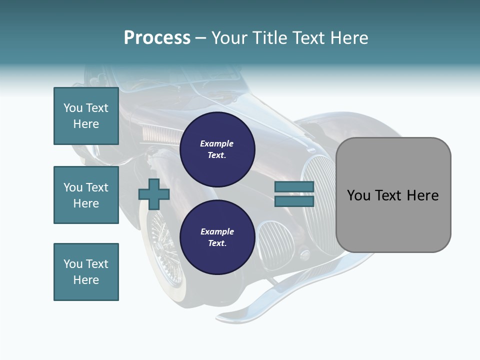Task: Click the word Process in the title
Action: coord(157,38)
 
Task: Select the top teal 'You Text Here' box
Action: coord(86,116)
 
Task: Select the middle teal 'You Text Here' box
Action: coord(86,195)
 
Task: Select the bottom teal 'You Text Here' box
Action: coord(86,271)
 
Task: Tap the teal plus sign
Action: coord(154,194)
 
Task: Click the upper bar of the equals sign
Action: coord(294,186)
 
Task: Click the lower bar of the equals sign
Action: coord(294,201)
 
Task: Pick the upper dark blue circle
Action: coord(217,149)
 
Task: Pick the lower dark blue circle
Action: coord(217,237)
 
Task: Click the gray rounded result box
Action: coord(393,195)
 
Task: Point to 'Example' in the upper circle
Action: coord(217,143)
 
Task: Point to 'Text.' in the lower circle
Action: coord(217,243)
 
